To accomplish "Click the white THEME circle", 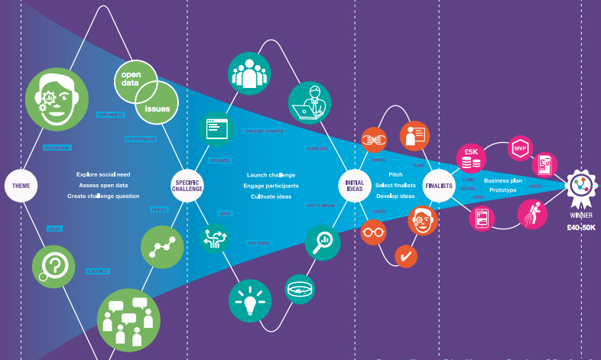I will click(x=21, y=185).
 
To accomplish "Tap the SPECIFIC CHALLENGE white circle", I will click(x=188, y=186).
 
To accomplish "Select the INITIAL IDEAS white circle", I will click(x=354, y=186).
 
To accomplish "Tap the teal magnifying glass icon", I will click(x=323, y=241).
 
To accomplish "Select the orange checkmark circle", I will click(x=405, y=255).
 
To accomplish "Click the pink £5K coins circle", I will click(x=471, y=156).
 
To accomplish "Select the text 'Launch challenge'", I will click(x=271, y=174).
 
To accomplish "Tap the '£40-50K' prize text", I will click(x=581, y=228).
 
